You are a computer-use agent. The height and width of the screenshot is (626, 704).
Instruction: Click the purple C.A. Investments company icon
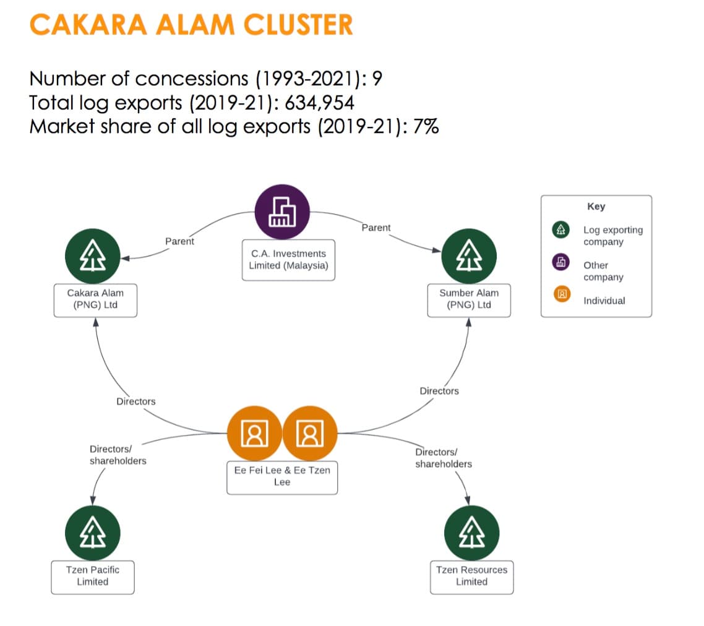tap(282, 212)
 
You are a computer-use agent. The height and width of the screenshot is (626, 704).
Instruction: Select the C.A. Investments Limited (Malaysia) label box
tap(288, 260)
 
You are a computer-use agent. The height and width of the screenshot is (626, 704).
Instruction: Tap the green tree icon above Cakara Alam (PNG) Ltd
tap(92, 255)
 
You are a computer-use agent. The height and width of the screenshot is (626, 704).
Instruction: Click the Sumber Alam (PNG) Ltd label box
tap(469, 299)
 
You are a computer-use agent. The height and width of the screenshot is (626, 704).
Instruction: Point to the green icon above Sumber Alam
tap(469, 255)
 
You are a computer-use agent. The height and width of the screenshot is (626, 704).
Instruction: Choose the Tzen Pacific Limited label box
tap(92, 576)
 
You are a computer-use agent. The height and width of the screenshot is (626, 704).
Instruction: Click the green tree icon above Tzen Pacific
tap(92, 532)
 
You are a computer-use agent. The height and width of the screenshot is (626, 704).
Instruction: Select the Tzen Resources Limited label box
tap(471, 576)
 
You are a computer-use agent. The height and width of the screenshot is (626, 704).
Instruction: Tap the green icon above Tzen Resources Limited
tap(471, 533)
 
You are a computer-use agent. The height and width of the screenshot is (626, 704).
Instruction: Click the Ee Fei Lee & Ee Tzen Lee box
tap(282, 476)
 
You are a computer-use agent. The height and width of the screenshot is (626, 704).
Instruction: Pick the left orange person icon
tap(254, 433)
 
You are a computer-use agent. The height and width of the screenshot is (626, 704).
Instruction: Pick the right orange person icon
tap(310, 433)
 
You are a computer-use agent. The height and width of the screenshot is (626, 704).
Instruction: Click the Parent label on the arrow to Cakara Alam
tap(180, 241)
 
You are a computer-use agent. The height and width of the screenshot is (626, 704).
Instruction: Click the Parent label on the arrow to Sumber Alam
tap(376, 228)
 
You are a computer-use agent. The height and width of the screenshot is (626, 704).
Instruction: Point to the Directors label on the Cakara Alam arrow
tap(136, 401)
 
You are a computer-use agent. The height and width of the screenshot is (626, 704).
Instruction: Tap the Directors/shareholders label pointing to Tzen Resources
tap(443, 458)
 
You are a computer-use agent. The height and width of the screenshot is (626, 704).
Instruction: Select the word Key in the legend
tap(596, 207)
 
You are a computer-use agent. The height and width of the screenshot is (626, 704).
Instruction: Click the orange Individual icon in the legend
tap(562, 294)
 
